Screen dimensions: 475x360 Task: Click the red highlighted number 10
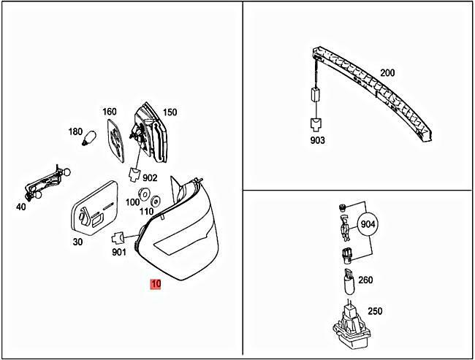point(156,284)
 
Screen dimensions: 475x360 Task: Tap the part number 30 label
point(77,242)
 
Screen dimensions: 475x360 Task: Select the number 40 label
point(21,207)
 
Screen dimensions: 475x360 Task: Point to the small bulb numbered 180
point(90,138)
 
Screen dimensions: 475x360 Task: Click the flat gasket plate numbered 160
point(115,140)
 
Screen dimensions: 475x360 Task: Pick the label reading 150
point(170,112)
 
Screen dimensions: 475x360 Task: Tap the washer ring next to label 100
point(144,194)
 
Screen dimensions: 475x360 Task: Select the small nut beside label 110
point(156,201)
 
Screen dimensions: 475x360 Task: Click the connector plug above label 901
point(118,237)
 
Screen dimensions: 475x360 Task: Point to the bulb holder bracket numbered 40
point(46,183)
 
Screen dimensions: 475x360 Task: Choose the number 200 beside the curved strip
point(387,73)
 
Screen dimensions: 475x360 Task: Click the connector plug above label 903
point(316,125)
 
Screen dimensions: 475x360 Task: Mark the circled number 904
point(368,224)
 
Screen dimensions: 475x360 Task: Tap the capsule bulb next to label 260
point(349,281)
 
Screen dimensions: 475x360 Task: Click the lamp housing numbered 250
point(352,324)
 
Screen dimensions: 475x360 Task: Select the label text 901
point(119,252)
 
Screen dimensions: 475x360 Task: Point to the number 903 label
point(317,140)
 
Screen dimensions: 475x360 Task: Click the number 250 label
point(375,311)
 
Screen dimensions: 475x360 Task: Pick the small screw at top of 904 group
point(342,207)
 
